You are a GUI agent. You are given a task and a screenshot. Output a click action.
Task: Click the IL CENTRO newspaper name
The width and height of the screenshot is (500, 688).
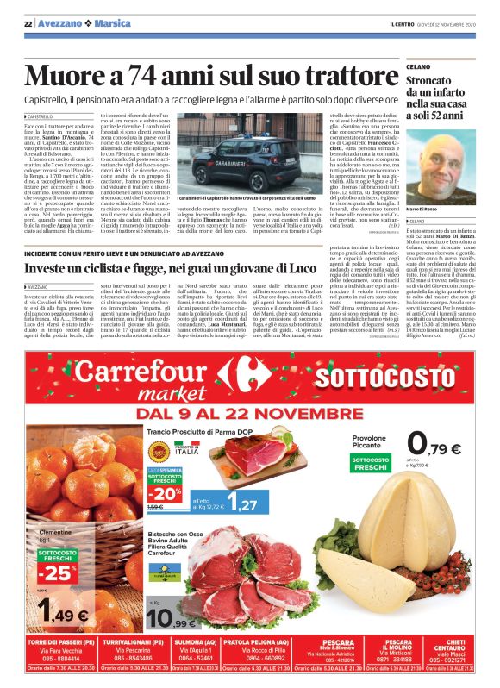(409, 22)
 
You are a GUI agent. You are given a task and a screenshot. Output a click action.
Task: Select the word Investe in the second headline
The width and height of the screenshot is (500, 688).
(48, 268)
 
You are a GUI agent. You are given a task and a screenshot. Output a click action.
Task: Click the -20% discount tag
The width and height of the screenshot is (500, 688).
(166, 493)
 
